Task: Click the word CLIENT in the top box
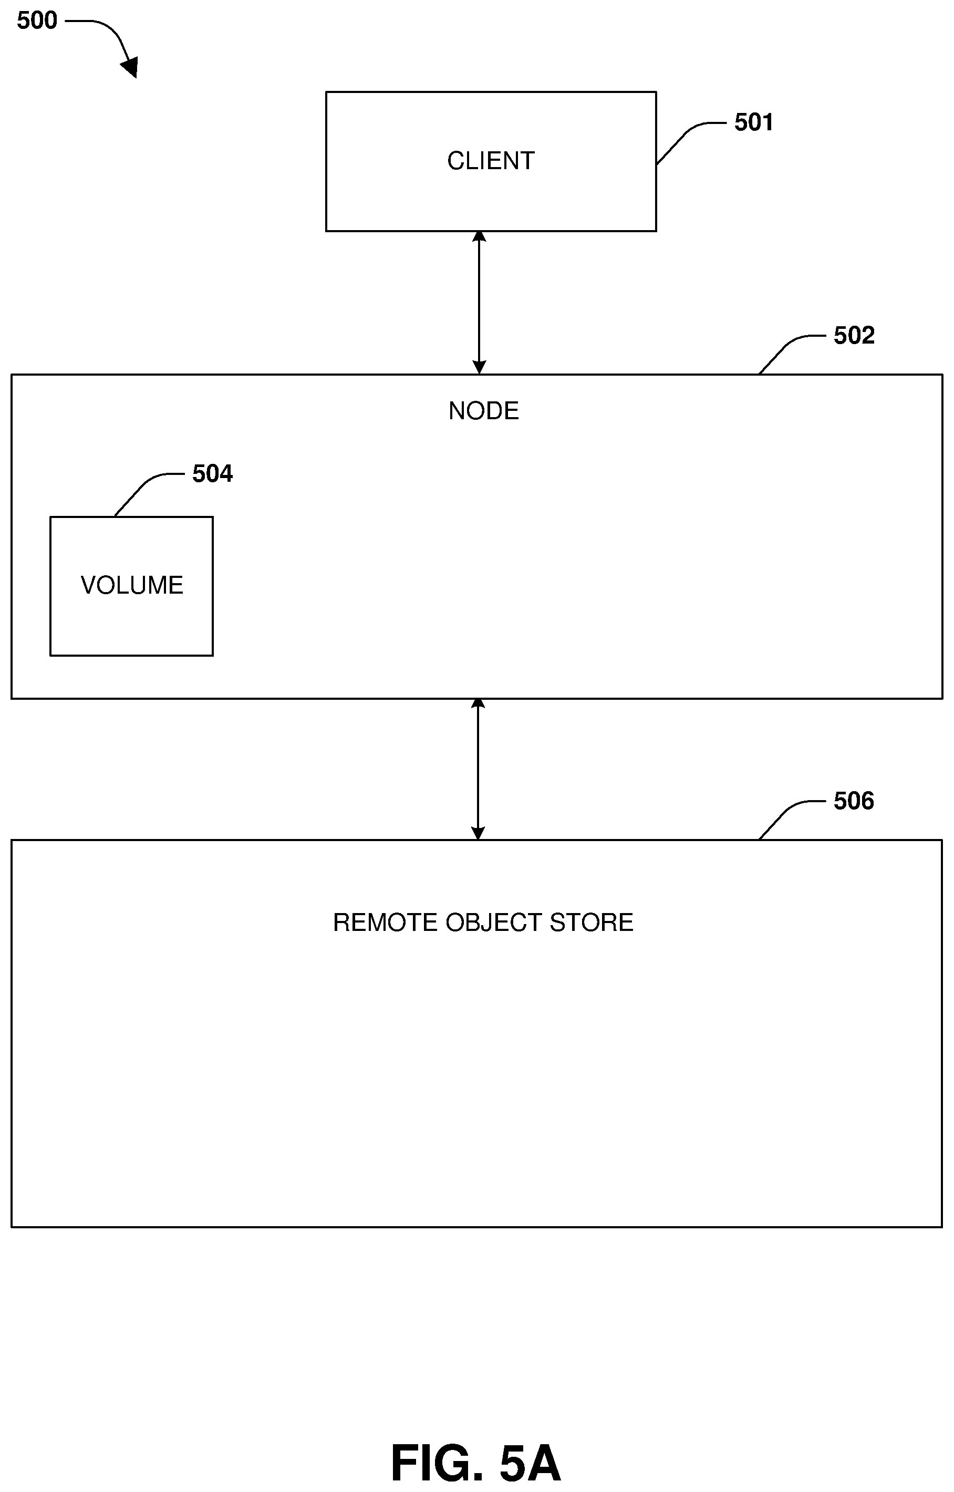click(491, 161)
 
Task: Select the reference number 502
click(854, 335)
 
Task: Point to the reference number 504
click(212, 474)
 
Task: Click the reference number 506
click(853, 801)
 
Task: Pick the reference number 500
click(37, 20)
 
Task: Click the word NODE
click(483, 411)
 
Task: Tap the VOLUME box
click(131, 586)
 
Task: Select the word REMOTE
click(385, 923)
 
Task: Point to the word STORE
click(591, 923)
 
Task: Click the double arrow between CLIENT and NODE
click(479, 303)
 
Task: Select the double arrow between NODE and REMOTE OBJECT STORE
click(478, 769)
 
